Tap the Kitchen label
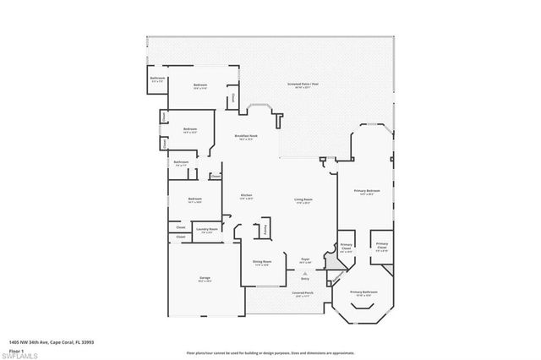[x=247, y=195]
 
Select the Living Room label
[x=303, y=199]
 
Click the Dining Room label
[x=262, y=262]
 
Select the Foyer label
[x=305, y=261]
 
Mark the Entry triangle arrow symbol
[x=304, y=271]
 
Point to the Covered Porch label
[x=303, y=293]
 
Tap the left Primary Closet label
[x=346, y=247]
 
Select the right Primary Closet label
[x=381, y=247]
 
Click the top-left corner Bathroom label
[x=158, y=79]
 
